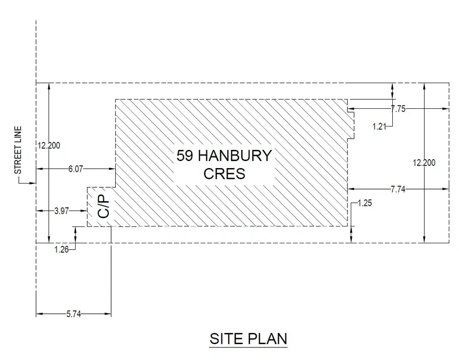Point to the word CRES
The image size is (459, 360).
(224, 174)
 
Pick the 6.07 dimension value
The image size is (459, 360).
(76, 169)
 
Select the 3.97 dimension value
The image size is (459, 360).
(62, 212)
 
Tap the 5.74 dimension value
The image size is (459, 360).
(74, 314)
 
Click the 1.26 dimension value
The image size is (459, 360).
(62, 249)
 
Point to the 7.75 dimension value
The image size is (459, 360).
(398, 109)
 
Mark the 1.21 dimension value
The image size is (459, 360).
(380, 126)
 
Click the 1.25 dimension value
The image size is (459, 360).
(365, 203)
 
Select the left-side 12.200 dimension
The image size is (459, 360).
(49, 145)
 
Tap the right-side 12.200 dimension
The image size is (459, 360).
(424, 162)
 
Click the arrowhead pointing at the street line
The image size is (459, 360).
(33, 183)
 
